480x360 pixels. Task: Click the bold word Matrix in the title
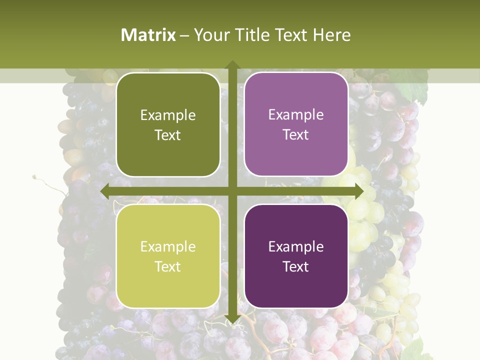click(x=148, y=35)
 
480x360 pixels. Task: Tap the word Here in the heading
click(x=331, y=35)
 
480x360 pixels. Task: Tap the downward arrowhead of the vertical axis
click(x=232, y=319)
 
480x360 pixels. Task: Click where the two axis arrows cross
click(x=232, y=191)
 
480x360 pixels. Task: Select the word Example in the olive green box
click(x=168, y=115)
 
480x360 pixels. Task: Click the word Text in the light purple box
click(x=296, y=135)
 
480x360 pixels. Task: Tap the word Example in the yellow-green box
click(x=168, y=247)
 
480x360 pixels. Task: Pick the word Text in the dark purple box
click(x=296, y=266)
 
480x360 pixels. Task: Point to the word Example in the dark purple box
click(x=296, y=246)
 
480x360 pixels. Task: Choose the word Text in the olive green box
click(x=168, y=135)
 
